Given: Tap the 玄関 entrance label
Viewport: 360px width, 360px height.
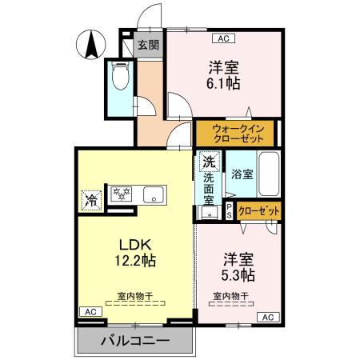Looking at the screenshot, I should click(147, 44).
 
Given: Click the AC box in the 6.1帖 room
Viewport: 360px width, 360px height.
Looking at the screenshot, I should click(224, 37).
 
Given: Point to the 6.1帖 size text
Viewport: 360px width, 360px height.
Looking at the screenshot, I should click(225, 82).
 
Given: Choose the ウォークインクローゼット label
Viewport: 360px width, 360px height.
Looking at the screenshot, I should click(235, 131).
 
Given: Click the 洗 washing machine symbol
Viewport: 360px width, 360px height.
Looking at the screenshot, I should click(210, 161).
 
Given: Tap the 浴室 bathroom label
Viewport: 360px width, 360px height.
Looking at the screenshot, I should click(242, 174).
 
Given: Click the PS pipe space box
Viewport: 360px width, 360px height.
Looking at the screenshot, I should click(229, 210).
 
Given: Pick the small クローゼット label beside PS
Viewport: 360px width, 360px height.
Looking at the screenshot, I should click(259, 210).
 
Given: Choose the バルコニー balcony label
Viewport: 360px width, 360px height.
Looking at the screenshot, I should click(135, 342).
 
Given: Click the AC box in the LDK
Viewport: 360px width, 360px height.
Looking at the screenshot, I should click(90, 311).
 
